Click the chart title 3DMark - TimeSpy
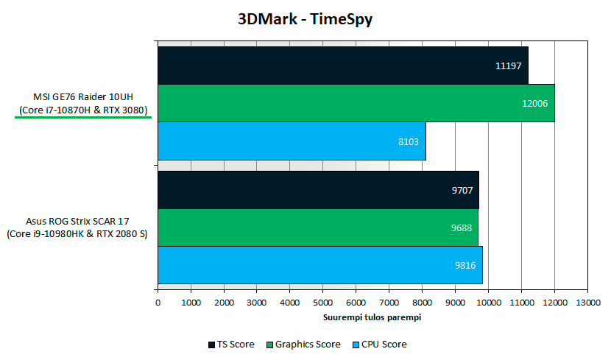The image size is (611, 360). pos(304,19)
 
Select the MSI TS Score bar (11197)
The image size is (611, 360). pos(342,66)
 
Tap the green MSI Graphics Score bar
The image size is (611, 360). pos(356,103)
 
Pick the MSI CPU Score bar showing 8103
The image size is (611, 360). pos(292,141)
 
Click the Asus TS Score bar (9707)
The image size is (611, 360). pos(318,190)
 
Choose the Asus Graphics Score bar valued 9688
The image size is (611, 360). pos(317,227)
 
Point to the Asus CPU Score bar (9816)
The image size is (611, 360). pos(319,265)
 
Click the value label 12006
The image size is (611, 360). pos(534,103)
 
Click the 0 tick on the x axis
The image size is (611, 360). pos(158,303)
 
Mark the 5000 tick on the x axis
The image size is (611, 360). pos(322,303)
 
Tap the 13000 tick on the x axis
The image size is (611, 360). pos(587,303)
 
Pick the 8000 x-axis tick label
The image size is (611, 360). pos(422,303)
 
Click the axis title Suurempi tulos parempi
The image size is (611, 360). pos(372,317)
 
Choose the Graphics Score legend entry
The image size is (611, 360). pos(303,344)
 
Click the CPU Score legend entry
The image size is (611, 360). pos(379,344)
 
